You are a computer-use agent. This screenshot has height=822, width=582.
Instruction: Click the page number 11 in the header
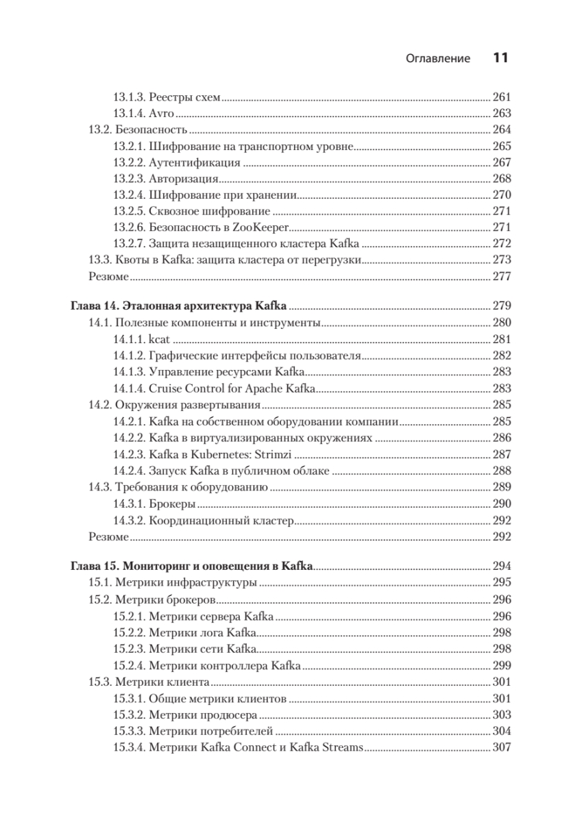pos(500,58)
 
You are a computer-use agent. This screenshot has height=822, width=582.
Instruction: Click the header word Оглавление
pos(438,59)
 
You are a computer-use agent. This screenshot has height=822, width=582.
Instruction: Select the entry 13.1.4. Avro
pos(144,113)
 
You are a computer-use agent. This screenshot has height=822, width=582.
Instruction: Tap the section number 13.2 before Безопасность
pos(101,129)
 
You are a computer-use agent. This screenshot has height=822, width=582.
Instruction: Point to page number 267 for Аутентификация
pos(502,162)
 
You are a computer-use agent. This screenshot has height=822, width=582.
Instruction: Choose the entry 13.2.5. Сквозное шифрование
pos(191,211)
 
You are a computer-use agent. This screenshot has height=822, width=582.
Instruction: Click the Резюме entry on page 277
pos(109,276)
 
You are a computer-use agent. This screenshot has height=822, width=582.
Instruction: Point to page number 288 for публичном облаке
pos(502,470)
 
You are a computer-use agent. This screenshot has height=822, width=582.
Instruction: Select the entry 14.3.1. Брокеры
pos(154,503)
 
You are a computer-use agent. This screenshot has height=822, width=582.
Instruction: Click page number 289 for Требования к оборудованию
pos(502,487)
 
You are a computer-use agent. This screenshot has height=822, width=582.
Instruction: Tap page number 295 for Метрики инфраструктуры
pos(502,583)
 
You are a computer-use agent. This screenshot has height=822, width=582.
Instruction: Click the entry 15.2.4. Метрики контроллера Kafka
pos(206,665)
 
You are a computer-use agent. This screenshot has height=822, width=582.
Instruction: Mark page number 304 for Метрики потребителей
pos(502,731)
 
